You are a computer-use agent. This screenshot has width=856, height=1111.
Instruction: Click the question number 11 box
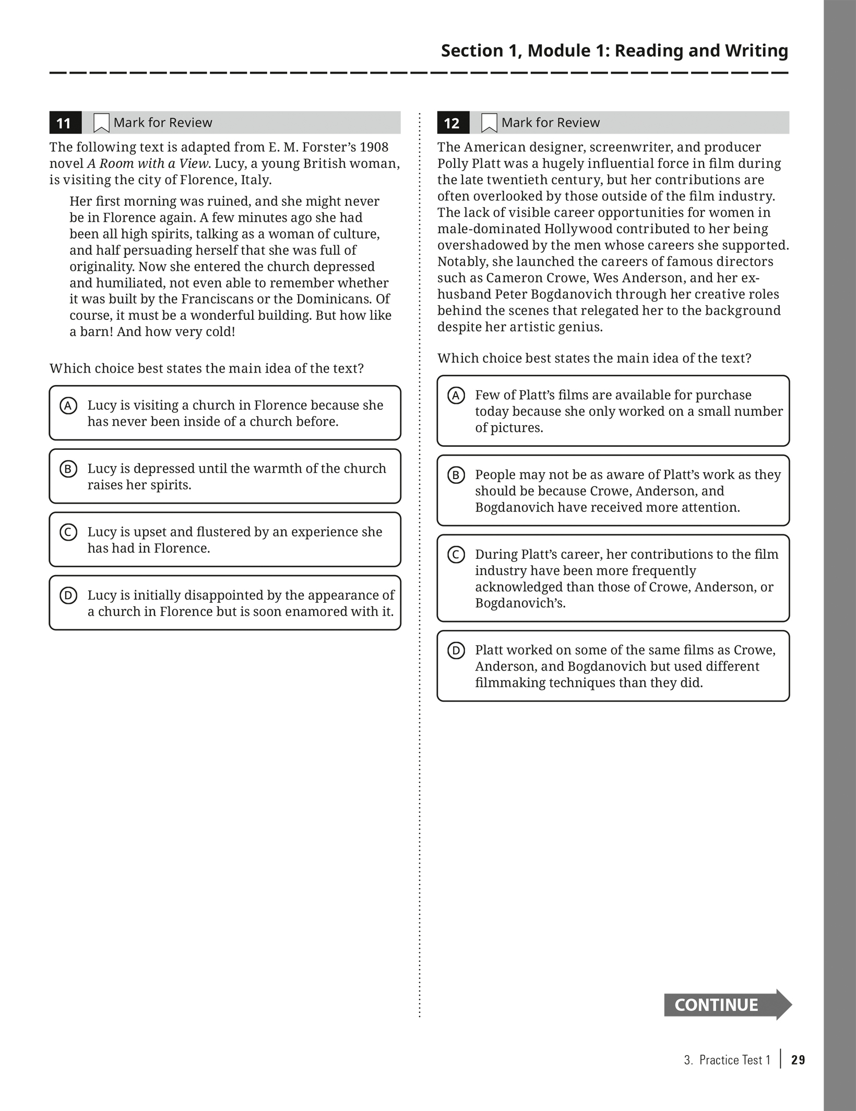[x=65, y=123]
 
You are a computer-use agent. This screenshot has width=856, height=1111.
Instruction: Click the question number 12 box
[x=453, y=123]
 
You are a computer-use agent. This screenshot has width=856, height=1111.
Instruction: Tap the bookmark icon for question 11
[x=101, y=123]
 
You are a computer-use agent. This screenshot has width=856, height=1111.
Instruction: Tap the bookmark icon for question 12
[x=489, y=123]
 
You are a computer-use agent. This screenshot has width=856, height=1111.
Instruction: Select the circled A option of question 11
[x=68, y=405]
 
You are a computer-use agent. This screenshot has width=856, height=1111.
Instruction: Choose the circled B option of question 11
[x=68, y=469]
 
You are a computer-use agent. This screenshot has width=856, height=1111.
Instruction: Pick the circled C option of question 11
[x=68, y=532]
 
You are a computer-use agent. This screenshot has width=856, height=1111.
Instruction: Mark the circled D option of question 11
[x=68, y=595]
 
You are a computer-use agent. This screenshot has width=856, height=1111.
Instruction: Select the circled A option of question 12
[x=456, y=396]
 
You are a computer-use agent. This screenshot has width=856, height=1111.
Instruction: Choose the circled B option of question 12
[x=456, y=475]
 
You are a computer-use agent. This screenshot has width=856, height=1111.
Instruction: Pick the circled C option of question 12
[x=456, y=555]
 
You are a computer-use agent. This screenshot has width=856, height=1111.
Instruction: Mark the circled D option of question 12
[x=456, y=651]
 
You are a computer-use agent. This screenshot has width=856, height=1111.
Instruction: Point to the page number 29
[x=798, y=1060]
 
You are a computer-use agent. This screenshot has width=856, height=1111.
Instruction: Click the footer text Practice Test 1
[x=734, y=1060]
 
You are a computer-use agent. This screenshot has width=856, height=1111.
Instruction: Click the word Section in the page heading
[x=472, y=51]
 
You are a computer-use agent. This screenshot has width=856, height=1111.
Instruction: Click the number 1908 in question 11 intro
[x=374, y=147]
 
